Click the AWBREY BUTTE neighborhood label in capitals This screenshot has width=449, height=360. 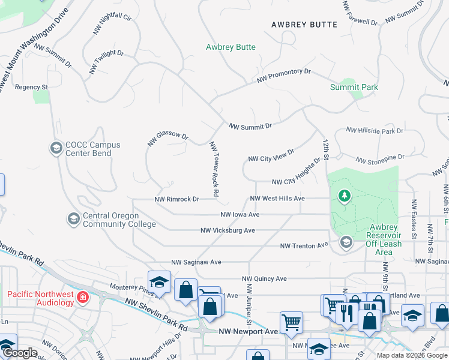click(x=304, y=25)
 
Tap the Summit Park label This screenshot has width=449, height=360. click(x=354, y=87)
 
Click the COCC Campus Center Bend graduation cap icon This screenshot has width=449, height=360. click(x=56, y=148)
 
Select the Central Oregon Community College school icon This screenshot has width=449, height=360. click(x=73, y=219)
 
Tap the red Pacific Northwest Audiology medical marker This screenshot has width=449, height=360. click(x=83, y=297)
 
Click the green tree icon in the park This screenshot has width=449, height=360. click(x=344, y=196)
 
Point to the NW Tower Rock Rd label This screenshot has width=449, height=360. click(x=214, y=170)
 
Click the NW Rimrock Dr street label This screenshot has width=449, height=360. click(x=176, y=199)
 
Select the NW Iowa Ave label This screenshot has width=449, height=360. click(x=240, y=214)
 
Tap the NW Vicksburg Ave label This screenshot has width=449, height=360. click(x=228, y=230)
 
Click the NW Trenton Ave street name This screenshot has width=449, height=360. click(x=304, y=246)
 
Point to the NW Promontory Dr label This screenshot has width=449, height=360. click(x=284, y=75)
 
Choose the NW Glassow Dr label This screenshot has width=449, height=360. click(x=168, y=137)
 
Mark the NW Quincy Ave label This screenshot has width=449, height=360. click(x=264, y=278)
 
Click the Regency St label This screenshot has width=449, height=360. click(x=31, y=87)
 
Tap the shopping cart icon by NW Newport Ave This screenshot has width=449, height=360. click(x=291, y=322)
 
